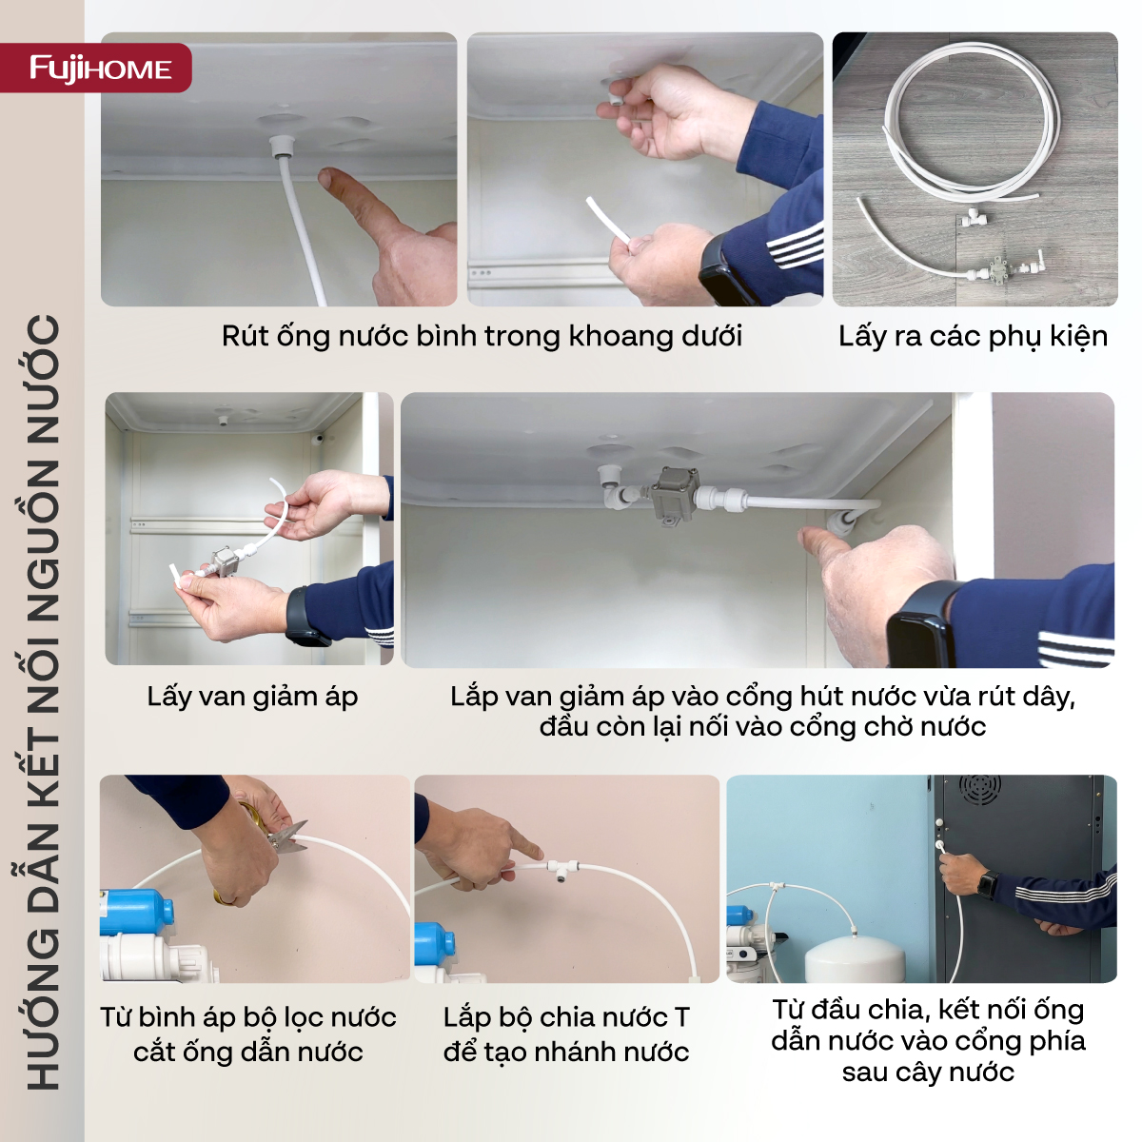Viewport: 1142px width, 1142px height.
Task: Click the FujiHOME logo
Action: [100, 69]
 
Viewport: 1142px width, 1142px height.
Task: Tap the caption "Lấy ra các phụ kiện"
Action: [973, 336]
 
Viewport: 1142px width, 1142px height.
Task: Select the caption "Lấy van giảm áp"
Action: [252, 697]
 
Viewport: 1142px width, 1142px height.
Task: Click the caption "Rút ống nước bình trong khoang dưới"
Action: [482, 336]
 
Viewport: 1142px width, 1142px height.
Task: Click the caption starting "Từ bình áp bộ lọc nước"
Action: [248, 1034]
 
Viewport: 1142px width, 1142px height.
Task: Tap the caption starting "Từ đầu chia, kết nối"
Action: [928, 1040]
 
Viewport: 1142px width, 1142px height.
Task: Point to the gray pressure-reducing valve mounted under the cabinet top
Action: [675, 494]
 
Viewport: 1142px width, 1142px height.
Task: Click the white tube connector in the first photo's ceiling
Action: [280, 147]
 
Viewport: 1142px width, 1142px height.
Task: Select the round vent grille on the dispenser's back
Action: [980, 789]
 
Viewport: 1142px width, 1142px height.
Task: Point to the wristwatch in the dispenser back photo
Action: [987, 884]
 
